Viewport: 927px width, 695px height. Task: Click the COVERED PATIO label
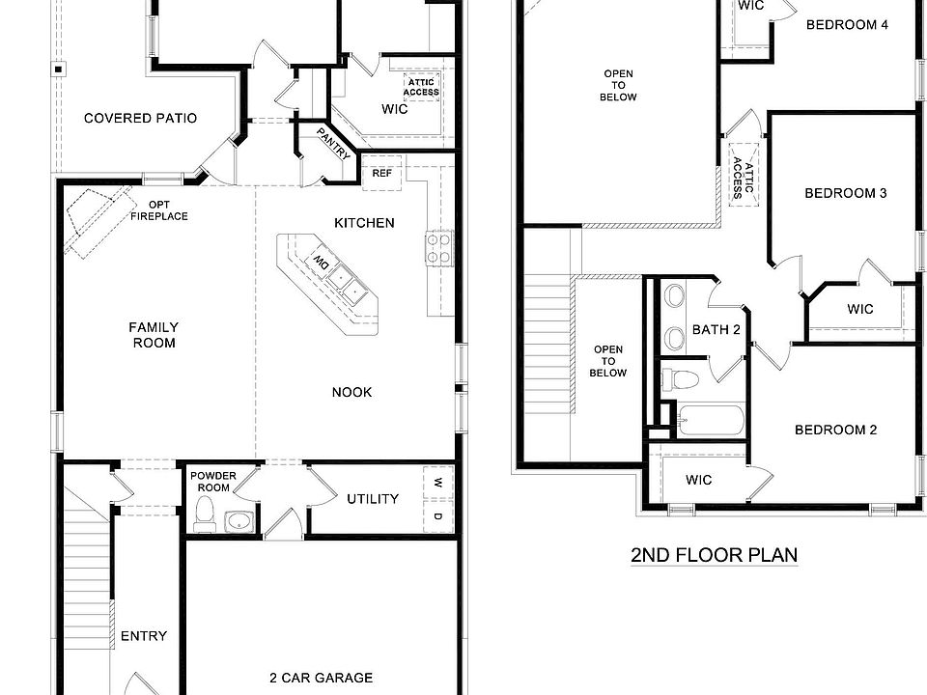point(140,119)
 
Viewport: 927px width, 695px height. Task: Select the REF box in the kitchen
point(381,174)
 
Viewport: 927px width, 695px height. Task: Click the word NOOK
point(351,392)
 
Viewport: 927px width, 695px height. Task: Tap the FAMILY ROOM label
point(154,335)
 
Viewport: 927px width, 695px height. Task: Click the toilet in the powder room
point(204,520)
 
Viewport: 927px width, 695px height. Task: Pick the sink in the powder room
point(238,522)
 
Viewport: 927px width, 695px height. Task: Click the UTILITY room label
point(373,499)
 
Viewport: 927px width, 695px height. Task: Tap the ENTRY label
point(143,636)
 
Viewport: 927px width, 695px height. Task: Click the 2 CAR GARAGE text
point(321,678)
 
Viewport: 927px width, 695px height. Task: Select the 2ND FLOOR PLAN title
point(714,555)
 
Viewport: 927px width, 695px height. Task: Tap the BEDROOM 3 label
point(846,193)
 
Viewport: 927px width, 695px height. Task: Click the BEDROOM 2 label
point(835,430)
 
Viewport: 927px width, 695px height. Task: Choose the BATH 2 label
point(716,330)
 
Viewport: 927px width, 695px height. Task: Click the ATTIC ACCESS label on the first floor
point(422,88)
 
